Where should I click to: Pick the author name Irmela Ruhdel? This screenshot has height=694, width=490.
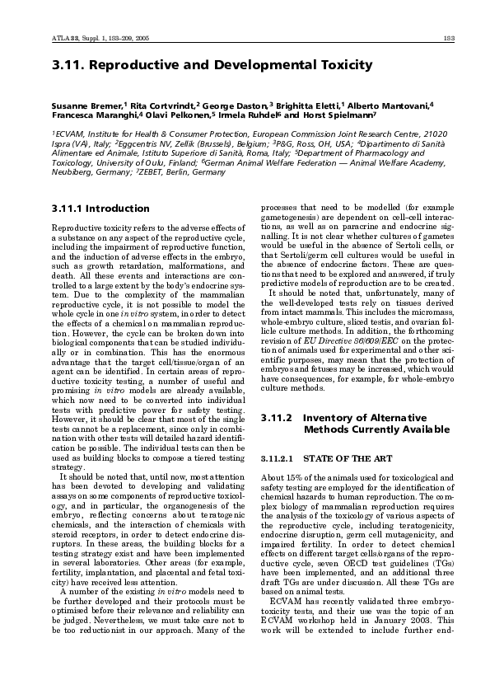[247, 116]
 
